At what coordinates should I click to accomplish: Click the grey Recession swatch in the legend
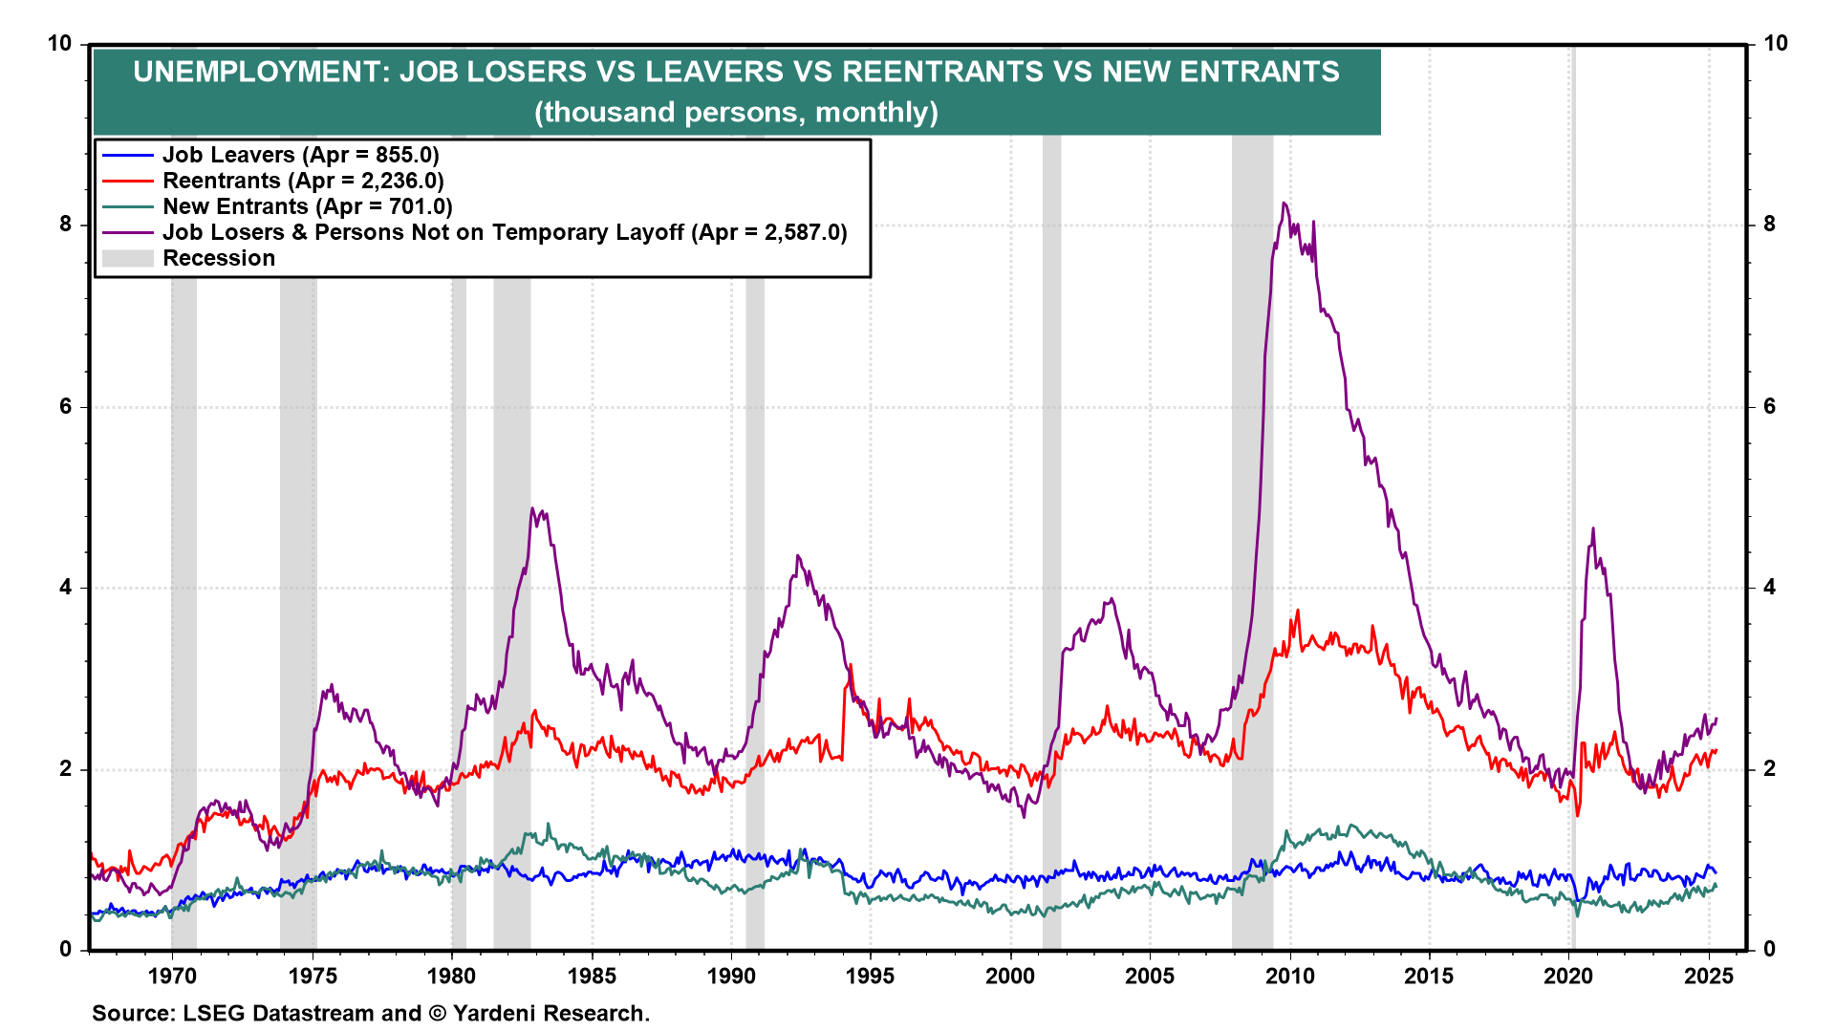(127, 258)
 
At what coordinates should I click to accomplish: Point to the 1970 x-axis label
(172, 976)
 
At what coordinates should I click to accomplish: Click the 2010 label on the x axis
(1290, 976)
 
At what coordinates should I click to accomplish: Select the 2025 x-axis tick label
(1709, 976)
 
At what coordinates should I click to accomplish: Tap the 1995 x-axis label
(871, 976)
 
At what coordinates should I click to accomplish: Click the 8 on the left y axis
(65, 225)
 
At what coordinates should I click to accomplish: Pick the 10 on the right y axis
(1775, 43)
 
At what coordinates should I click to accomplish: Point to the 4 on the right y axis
(1769, 588)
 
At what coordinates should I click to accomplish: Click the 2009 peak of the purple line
(1284, 204)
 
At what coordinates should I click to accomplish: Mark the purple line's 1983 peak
(532, 509)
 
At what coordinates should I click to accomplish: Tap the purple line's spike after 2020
(1592, 529)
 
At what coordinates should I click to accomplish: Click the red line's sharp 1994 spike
(850, 666)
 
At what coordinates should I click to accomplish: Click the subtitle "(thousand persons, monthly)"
(736, 112)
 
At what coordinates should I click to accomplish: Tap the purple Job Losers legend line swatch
(127, 232)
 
